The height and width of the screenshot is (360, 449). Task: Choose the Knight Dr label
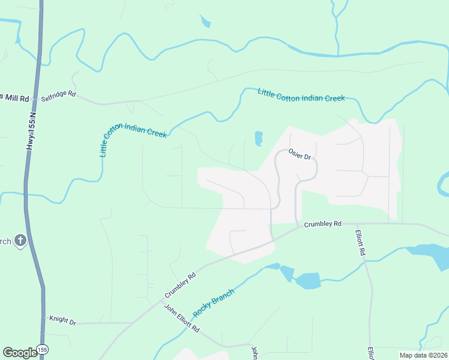click(x=62, y=322)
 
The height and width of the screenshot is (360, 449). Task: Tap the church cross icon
click(x=20, y=241)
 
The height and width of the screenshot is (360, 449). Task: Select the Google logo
click(x=20, y=352)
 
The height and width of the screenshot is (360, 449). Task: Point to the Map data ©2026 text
click(x=423, y=355)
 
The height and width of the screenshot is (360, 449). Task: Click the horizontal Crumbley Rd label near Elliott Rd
click(x=322, y=224)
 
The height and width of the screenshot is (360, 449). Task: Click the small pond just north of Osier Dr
click(x=259, y=139)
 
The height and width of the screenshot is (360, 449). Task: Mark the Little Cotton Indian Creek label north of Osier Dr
click(x=301, y=94)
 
